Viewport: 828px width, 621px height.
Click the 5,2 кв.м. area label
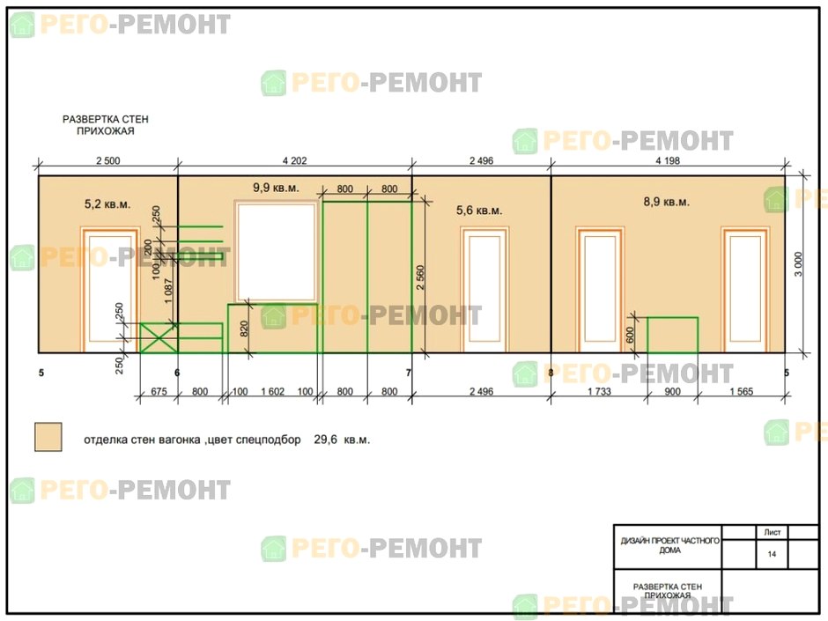point(107,203)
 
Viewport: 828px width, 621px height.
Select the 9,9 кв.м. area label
point(276,188)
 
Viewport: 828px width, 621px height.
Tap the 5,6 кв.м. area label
point(479,211)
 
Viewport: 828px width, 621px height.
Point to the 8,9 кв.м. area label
point(667,202)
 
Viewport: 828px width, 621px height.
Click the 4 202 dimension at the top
point(295,160)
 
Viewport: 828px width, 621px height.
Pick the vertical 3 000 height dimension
point(798,264)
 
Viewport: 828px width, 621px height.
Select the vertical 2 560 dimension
point(420,277)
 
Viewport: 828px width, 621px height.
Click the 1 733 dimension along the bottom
point(599,391)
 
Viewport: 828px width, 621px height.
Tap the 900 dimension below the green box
point(672,391)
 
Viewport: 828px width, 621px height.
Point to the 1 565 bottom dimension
point(742,391)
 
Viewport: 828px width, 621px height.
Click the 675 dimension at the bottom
point(159,391)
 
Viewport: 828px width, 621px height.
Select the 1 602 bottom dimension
point(272,391)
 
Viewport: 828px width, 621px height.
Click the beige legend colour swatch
point(48,437)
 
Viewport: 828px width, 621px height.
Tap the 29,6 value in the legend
point(325,440)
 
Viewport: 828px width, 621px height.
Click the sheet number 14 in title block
point(772,554)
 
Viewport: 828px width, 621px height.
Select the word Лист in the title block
point(772,532)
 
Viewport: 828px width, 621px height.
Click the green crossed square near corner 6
point(159,338)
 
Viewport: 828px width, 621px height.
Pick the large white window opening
point(277,253)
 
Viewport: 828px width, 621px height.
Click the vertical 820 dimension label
point(243,329)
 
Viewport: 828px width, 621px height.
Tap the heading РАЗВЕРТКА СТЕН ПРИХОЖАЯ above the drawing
point(106,125)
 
